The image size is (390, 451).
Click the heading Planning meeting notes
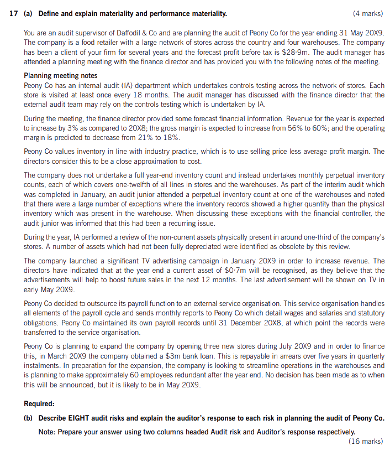(x=61, y=76)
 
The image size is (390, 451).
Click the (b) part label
(x=29, y=418)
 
